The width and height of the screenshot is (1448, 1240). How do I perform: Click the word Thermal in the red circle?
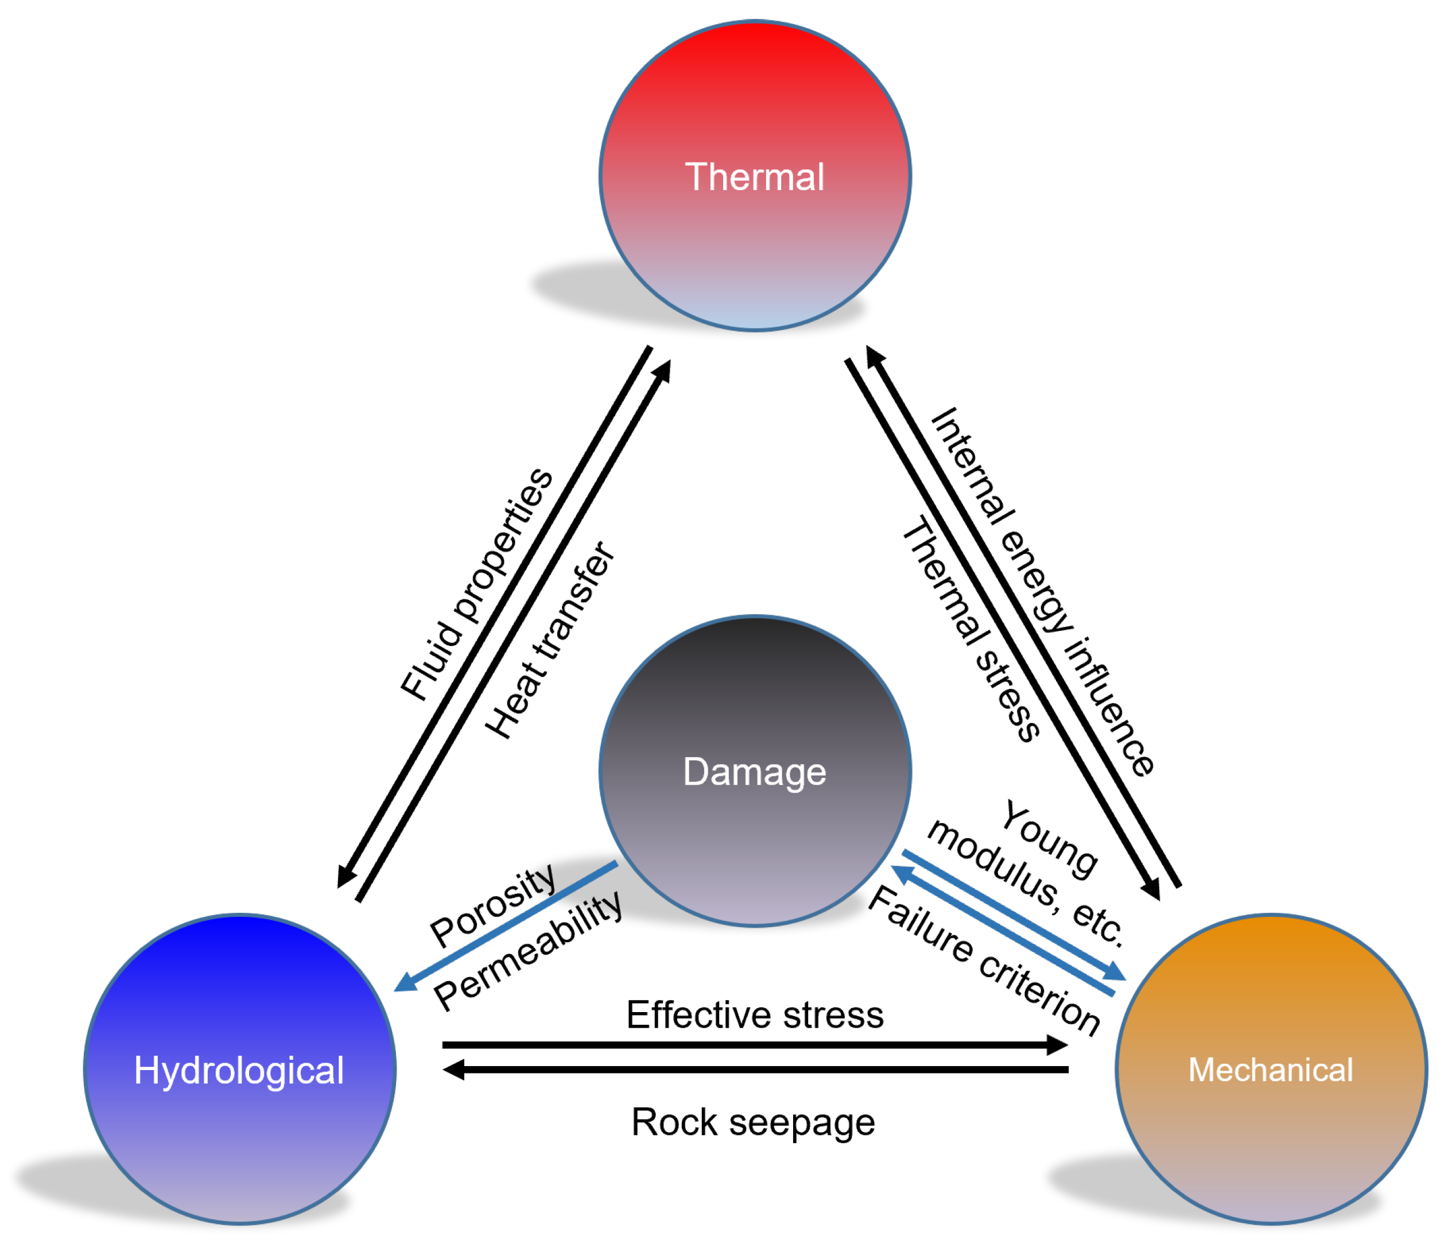(x=754, y=177)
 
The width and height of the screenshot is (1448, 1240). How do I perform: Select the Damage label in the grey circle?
(x=754, y=772)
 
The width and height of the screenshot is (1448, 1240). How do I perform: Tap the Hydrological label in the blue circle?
(x=238, y=1070)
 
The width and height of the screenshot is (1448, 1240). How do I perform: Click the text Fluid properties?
(x=476, y=584)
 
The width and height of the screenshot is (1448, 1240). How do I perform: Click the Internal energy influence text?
(x=1043, y=591)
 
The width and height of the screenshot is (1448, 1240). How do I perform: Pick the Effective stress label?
(x=755, y=1014)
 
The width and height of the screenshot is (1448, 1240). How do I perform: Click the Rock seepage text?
(x=752, y=1122)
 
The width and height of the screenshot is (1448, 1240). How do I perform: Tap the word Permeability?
(x=527, y=952)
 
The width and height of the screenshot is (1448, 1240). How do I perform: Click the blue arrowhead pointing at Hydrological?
(x=405, y=983)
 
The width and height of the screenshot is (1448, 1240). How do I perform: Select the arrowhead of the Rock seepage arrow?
(x=453, y=1069)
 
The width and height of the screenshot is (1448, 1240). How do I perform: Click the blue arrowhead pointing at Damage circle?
(x=902, y=873)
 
